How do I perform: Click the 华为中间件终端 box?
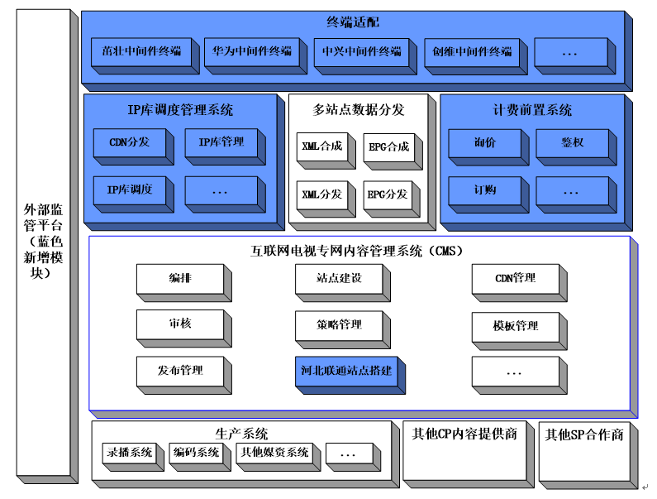251,51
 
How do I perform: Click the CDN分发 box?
129,142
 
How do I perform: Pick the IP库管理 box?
221,142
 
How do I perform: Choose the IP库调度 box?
129,190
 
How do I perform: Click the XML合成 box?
321,146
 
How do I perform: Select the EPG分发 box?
388,194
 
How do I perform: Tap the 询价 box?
484,142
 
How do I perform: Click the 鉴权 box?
571,142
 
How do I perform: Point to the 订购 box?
484,190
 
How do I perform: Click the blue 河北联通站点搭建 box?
343,371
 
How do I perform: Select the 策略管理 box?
340,324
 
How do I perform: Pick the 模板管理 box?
515,326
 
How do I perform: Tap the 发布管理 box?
180,370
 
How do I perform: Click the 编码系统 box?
197,453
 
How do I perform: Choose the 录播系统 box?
130,453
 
